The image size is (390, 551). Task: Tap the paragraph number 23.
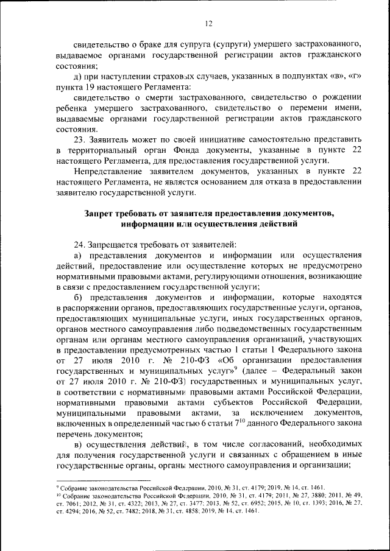(x=79, y=138)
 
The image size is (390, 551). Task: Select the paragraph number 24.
(x=79, y=244)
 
